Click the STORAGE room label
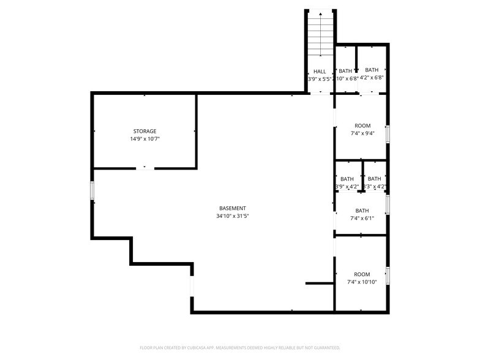coord(145,131)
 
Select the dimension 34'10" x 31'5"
coord(233,216)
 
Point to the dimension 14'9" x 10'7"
coord(145,139)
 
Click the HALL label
coord(320,71)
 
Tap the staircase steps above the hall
coord(320,37)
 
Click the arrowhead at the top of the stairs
coord(320,12)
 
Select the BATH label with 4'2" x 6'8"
coord(372,70)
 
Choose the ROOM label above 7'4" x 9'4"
coord(362,126)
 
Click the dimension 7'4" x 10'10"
coord(362,282)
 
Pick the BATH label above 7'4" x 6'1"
coord(362,211)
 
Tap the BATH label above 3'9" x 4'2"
coord(347,179)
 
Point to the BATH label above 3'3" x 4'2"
coord(375,179)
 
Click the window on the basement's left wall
coord(92,190)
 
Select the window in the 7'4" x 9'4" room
coord(388,133)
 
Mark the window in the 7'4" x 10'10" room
coord(388,276)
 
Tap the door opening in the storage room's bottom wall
coord(145,168)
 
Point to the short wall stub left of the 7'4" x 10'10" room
coord(319,283)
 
